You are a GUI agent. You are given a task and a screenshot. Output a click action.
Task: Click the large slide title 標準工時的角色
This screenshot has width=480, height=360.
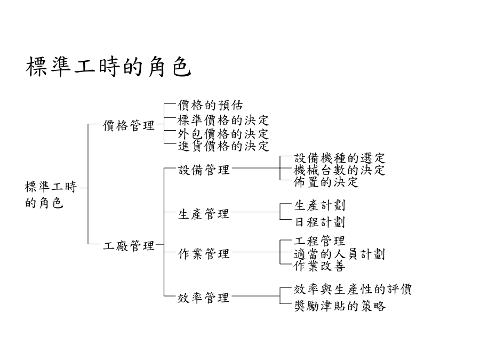coord(108,67)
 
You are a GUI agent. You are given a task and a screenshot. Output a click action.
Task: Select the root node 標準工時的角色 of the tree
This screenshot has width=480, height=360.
coord(51,195)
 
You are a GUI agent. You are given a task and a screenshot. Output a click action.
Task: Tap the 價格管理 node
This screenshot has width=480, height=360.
coord(129,125)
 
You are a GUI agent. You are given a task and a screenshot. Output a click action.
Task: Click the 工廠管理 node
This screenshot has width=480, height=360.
coord(129,245)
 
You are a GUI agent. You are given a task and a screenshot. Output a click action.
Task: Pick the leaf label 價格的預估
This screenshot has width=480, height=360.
coord(210,105)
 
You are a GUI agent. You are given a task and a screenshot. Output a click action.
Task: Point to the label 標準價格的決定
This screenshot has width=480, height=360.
coord(223,121)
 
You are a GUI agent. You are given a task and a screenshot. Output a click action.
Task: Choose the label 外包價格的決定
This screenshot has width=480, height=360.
coord(223,134)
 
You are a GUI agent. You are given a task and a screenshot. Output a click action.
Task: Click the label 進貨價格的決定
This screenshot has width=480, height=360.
coord(223,146)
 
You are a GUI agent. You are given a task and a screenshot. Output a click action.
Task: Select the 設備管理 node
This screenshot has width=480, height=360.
coord(204,170)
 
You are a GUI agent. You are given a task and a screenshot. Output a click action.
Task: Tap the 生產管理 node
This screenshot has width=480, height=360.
coord(204,214)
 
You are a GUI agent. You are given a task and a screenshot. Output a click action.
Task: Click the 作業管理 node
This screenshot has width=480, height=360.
coord(204,254)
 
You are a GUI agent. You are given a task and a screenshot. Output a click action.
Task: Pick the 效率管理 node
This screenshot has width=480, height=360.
coord(204,298)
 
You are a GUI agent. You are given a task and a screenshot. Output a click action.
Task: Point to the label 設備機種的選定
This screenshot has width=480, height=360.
coord(340,158)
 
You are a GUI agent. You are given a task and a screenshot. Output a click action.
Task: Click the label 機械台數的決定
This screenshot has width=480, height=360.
coord(340,170)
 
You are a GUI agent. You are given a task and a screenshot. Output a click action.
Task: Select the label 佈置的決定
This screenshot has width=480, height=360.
coord(326,182)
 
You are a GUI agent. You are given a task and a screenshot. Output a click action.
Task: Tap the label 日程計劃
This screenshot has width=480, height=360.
coord(319,222)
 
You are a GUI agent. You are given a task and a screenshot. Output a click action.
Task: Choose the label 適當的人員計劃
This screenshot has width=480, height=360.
coord(340,254)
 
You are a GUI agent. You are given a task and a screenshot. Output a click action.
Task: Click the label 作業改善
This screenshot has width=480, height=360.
coord(319,266)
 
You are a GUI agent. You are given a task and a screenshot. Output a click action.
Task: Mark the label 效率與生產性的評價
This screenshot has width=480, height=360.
coord(353,289)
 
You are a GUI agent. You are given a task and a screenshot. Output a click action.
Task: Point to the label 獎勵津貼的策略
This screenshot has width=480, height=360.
coord(340,306)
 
